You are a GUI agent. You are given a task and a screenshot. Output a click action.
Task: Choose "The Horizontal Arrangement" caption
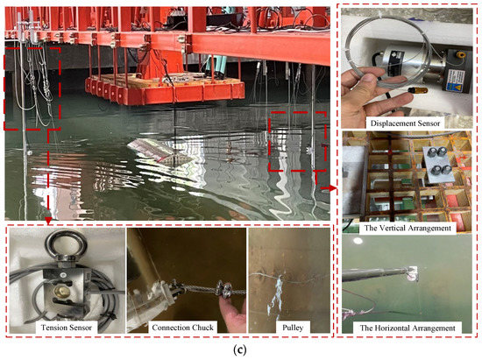409,328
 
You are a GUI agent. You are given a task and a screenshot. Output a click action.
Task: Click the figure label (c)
240,349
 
